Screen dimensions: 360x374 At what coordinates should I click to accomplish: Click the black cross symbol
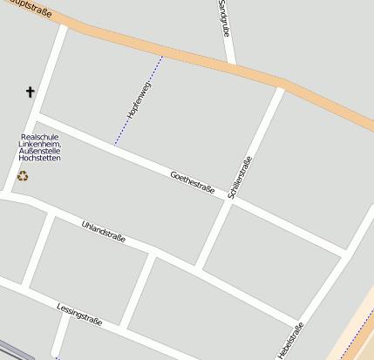pyautogui.click(x=31, y=92)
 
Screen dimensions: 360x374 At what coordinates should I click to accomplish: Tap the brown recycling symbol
pyautogui.click(x=23, y=176)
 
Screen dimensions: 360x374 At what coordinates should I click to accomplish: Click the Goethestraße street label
pyautogui.click(x=193, y=183)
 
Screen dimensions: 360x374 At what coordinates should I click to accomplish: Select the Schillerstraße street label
pyautogui.click(x=240, y=177)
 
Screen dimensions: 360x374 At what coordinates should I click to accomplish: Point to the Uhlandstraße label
pyautogui.click(x=103, y=233)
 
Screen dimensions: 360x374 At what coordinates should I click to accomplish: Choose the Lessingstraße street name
pyautogui.click(x=79, y=314)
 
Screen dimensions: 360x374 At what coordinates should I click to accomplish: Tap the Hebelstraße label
pyautogui.click(x=290, y=341)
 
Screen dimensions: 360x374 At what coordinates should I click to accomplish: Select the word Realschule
pyautogui.click(x=39, y=137)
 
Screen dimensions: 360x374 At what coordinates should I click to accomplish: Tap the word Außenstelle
pyautogui.click(x=39, y=152)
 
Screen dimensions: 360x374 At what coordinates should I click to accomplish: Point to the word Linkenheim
pyautogui.click(x=41, y=144)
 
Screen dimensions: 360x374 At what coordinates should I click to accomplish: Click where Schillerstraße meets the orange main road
pyautogui.click(x=282, y=85)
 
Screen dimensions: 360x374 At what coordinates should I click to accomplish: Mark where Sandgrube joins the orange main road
pyautogui.click(x=231, y=65)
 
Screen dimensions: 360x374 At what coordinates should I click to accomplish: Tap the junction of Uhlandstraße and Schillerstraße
pyautogui.click(x=200, y=268)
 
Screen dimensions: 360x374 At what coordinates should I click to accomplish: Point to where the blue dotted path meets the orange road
pyautogui.click(x=163, y=55)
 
